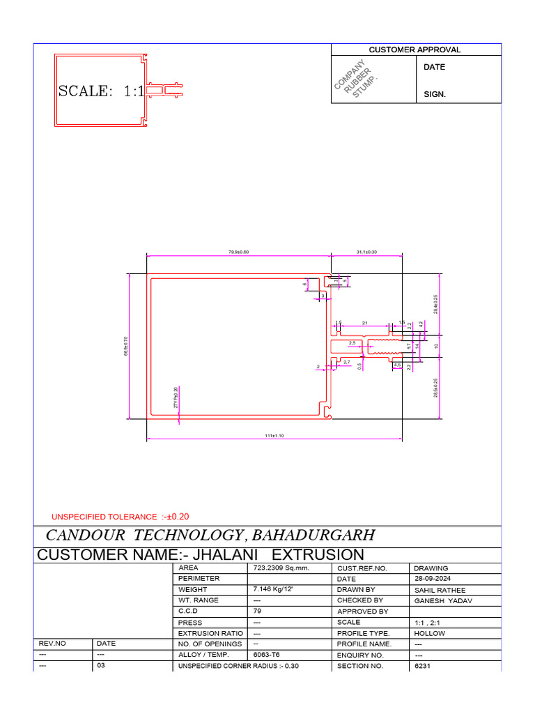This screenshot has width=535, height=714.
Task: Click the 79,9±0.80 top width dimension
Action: pos(238,252)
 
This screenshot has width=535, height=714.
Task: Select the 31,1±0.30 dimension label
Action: pos(366,252)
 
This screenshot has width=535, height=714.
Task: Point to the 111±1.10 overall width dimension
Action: pos(274,436)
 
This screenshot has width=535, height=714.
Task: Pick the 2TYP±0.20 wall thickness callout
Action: pos(176,398)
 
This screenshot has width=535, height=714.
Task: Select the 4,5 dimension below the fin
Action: pos(397,365)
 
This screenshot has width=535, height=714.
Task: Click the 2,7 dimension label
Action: pos(347,362)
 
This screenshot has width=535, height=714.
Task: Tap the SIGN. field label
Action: pos(435,93)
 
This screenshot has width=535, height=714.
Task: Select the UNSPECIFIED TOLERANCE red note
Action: pos(121,517)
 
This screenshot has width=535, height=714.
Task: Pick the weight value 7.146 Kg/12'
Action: pos(274,590)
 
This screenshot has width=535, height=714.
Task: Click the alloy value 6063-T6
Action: pos(268,655)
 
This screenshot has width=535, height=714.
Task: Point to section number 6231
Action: pos(423,666)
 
